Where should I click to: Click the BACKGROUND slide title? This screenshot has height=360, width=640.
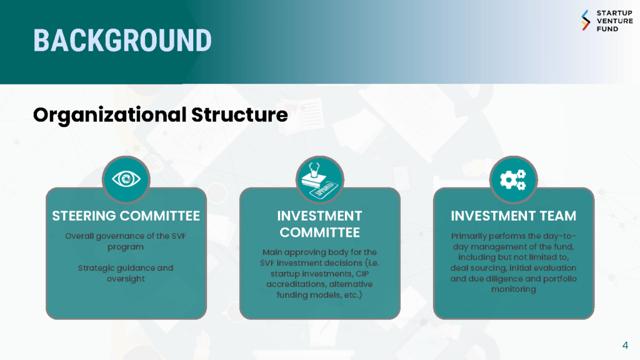tap(122, 41)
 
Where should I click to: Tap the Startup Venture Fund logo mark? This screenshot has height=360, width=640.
tap(586, 21)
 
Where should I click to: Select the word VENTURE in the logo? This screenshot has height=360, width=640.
tap(615, 21)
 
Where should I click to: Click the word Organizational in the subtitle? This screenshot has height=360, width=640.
tap(110, 116)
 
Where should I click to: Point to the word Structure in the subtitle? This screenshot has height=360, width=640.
tap(239, 115)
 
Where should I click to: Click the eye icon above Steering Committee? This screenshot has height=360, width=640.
tap(126, 179)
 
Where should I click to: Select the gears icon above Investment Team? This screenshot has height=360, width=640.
tap(513, 179)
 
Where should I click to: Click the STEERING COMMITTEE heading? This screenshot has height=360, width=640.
tap(126, 216)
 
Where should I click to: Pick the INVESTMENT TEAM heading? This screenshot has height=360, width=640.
tap(514, 216)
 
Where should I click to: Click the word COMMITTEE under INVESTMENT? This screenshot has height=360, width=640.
tap(319, 232)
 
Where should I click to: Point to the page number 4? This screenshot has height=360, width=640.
tap(625, 345)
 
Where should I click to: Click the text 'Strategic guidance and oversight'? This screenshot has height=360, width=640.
tap(126, 274)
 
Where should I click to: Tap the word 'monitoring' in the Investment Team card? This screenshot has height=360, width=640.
tap(514, 289)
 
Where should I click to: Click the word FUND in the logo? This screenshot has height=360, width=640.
tap(607, 29)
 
